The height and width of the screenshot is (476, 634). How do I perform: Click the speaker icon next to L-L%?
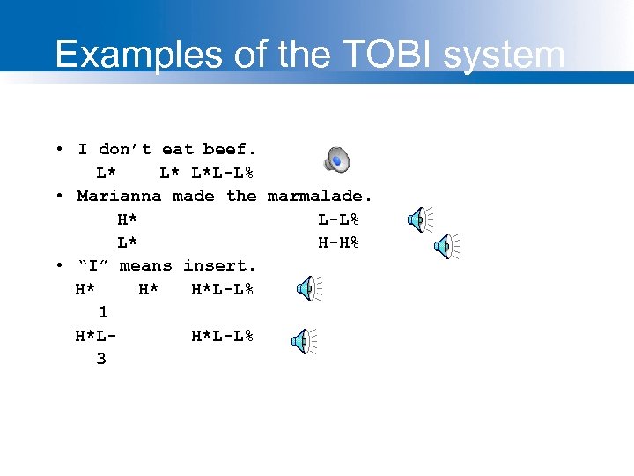pyautogui.click(x=419, y=219)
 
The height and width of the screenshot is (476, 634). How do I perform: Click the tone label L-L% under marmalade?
pyautogui.click(x=338, y=219)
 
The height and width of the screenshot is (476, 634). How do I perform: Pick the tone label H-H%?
pyautogui.click(x=338, y=242)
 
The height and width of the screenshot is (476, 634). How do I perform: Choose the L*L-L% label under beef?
pyautogui.click(x=223, y=172)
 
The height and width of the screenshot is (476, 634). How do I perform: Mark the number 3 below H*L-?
pyautogui.click(x=101, y=359)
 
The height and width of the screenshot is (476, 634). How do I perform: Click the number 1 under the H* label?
pyautogui.click(x=103, y=312)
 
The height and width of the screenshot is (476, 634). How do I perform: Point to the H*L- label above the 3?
pyautogui.click(x=97, y=336)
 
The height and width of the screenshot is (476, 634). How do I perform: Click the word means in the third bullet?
pyautogui.click(x=146, y=265)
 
